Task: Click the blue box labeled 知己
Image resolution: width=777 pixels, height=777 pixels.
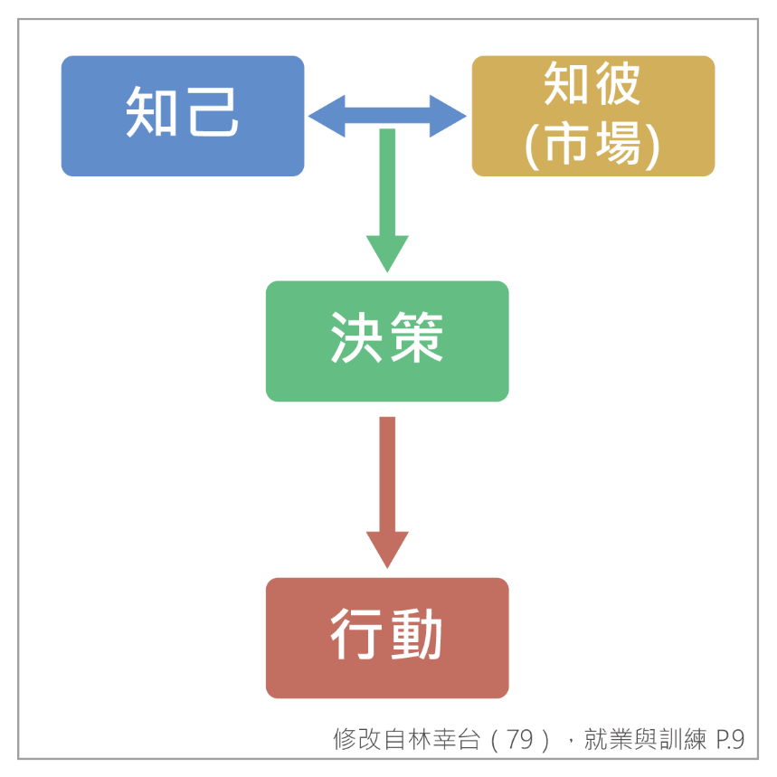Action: (182, 116)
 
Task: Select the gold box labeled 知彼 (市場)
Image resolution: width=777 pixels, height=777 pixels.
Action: (592, 116)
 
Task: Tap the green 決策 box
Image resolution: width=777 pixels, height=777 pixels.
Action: (386, 340)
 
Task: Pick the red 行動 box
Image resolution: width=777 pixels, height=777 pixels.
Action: (386, 638)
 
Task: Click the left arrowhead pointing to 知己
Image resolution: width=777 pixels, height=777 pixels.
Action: (325, 116)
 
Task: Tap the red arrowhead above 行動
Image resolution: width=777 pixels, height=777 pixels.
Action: (387, 548)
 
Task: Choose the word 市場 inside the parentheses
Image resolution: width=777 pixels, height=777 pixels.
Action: (592, 145)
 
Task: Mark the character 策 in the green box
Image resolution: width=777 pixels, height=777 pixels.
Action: (416, 339)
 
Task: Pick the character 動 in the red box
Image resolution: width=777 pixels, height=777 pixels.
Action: (416, 635)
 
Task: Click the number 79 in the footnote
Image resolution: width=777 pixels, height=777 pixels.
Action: (520, 740)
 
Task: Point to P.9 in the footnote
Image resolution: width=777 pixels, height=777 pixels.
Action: (729, 740)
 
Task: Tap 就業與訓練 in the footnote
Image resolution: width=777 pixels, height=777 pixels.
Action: (644, 740)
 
